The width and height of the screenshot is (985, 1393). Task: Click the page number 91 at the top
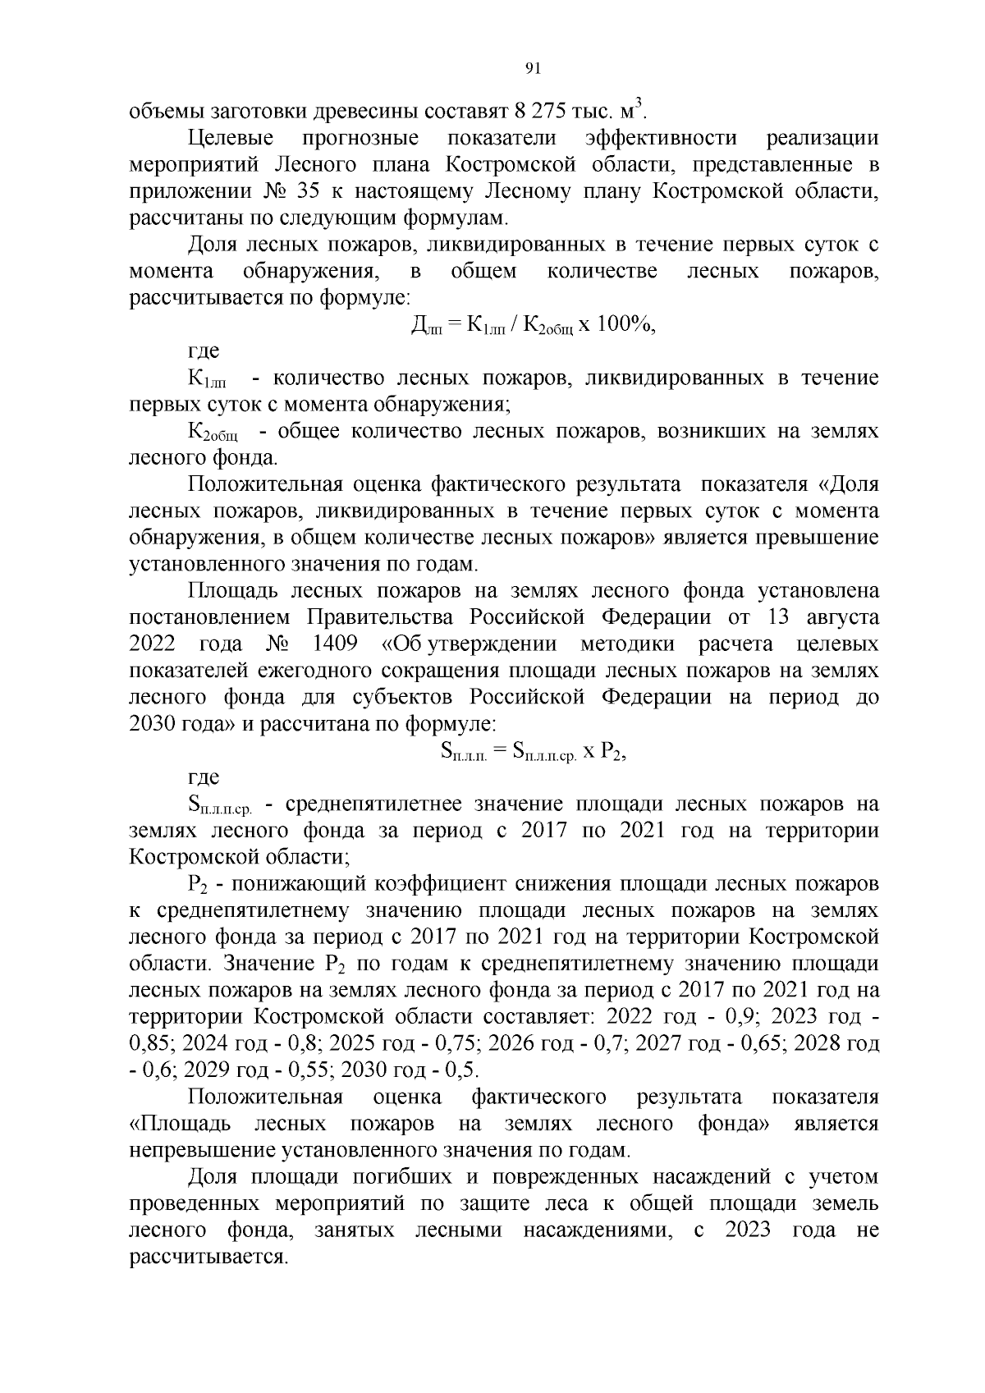click(532, 69)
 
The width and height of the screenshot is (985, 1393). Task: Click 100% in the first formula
click(624, 324)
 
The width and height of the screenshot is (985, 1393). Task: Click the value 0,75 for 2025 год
click(448, 1043)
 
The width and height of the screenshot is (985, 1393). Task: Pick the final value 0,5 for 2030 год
click(460, 1070)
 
